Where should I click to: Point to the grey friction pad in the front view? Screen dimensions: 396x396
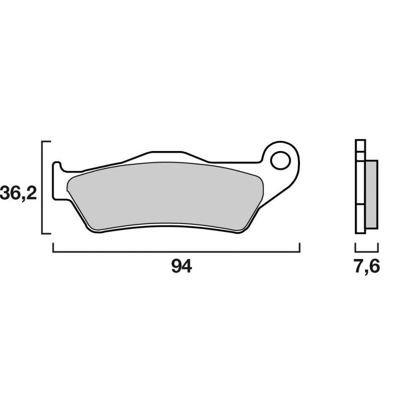point(164,196)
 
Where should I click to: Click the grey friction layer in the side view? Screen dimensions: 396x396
point(371,194)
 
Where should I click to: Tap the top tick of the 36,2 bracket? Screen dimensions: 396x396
point(46,142)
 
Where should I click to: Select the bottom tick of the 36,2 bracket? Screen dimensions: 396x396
point(46,234)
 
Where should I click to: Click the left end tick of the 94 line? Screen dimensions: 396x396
point(54,247)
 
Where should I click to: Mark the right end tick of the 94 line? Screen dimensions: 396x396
point(300,247)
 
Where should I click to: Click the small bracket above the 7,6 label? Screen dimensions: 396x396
point(366,250)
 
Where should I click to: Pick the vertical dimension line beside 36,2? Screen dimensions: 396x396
point(43,188)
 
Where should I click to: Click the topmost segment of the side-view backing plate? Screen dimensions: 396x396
point(360,145)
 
